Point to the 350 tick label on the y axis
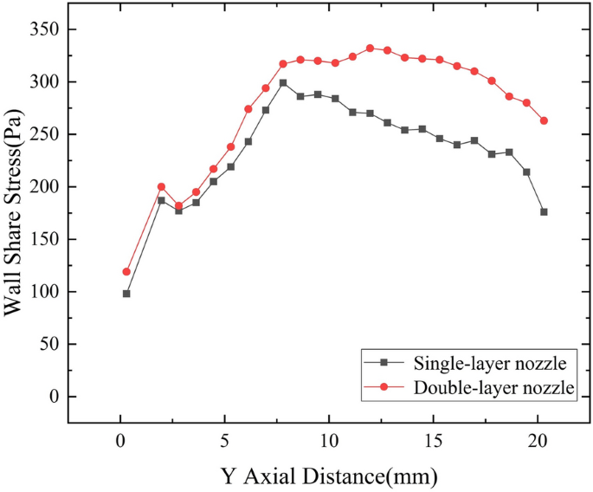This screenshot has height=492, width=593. [42, 29]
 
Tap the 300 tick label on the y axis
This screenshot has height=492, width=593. [42, 81]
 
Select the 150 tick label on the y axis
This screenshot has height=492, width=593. [42, 239]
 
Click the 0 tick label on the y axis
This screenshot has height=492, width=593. [53, 397]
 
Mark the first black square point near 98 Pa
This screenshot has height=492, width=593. [126, 294]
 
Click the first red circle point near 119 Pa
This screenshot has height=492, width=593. [126, 272]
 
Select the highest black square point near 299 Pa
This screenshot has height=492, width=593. [283, 83]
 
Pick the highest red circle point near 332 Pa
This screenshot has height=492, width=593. [370, 49]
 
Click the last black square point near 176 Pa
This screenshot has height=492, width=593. [544, 211]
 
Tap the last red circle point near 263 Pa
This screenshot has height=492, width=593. [544, 120]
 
